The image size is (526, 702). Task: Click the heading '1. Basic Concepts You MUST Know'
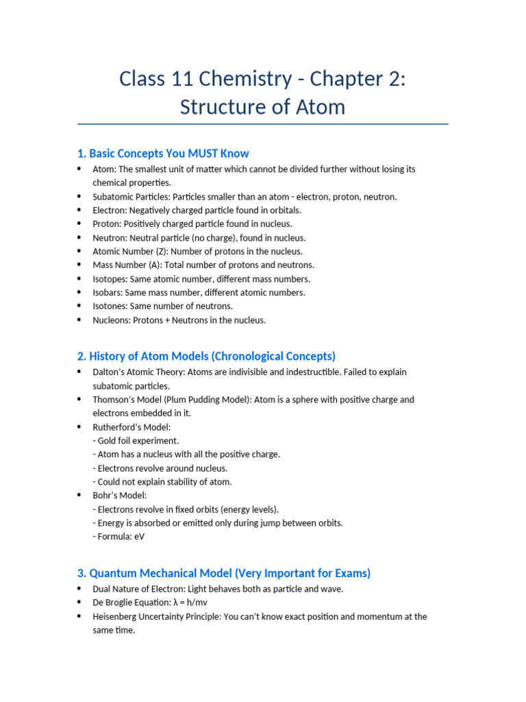pyautogui.click(x=163, y=154)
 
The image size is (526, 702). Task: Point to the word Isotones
pyautogui.click(x=110, y=306)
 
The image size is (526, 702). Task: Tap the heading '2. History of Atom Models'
pyautogui.click(x=206, y=356)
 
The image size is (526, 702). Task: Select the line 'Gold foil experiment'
pyautogui.click(x=138, y=441)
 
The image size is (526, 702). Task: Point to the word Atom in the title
pyautogui.click(x=320, y=108)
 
